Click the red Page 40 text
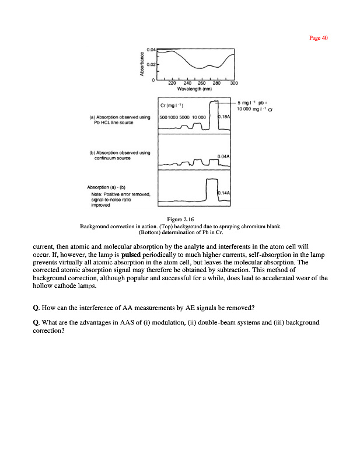point(319,38)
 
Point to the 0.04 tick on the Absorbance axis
point(151,50)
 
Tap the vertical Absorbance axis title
point(142,65)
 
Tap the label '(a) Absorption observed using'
point(120,117)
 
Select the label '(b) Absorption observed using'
point(120,153)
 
